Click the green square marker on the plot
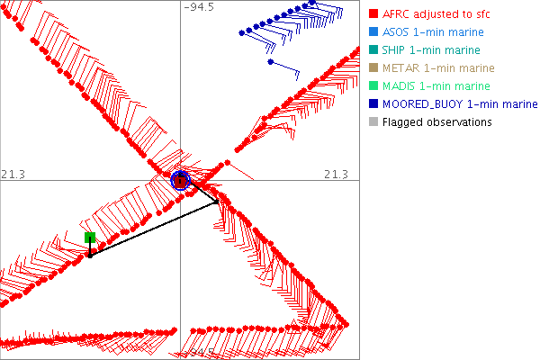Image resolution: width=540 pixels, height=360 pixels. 90,238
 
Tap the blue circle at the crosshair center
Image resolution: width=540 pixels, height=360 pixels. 180,180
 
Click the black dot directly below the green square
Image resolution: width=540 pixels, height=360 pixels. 90,256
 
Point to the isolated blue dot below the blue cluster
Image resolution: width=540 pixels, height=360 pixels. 270,62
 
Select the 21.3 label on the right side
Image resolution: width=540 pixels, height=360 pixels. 336,173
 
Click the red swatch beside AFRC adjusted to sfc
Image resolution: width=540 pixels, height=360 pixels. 374,14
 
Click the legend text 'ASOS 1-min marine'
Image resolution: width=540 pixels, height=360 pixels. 432,32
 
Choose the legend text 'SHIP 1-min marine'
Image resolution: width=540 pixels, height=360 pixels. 431,50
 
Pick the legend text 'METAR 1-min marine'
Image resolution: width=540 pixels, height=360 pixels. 436,68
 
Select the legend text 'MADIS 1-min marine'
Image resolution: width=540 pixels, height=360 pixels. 436,86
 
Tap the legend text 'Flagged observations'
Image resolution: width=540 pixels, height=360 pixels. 436,122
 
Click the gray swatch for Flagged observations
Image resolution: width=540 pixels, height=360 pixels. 374,122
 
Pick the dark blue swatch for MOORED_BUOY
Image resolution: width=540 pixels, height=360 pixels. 374,104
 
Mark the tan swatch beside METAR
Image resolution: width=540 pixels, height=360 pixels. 374,68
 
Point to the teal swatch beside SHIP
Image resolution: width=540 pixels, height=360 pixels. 374,50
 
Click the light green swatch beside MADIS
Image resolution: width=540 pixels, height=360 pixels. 374,86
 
